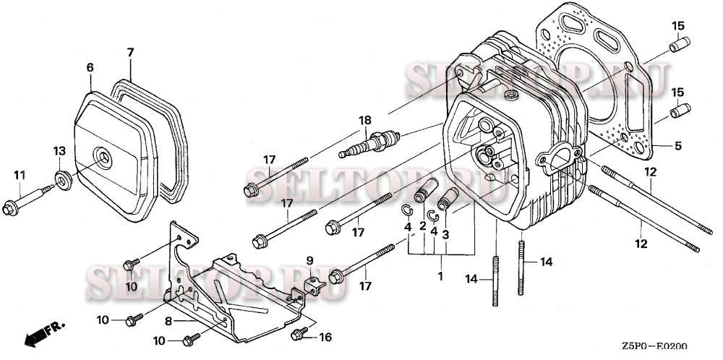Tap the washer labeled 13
point(63,180)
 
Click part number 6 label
point(90,68)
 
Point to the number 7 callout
point(130,53)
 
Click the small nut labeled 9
point(315,286)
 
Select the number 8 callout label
point(168,321)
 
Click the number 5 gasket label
point(677,146)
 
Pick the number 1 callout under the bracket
point(440,277)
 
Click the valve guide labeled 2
point(425,190)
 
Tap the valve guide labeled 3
point(448,199)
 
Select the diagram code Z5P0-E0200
point(654,346)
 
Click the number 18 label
point(364,120)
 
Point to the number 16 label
point(325,338)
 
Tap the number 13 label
point(59,151)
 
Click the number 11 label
point(20,175)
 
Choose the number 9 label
point(310,261)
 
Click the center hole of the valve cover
point(103,158)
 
